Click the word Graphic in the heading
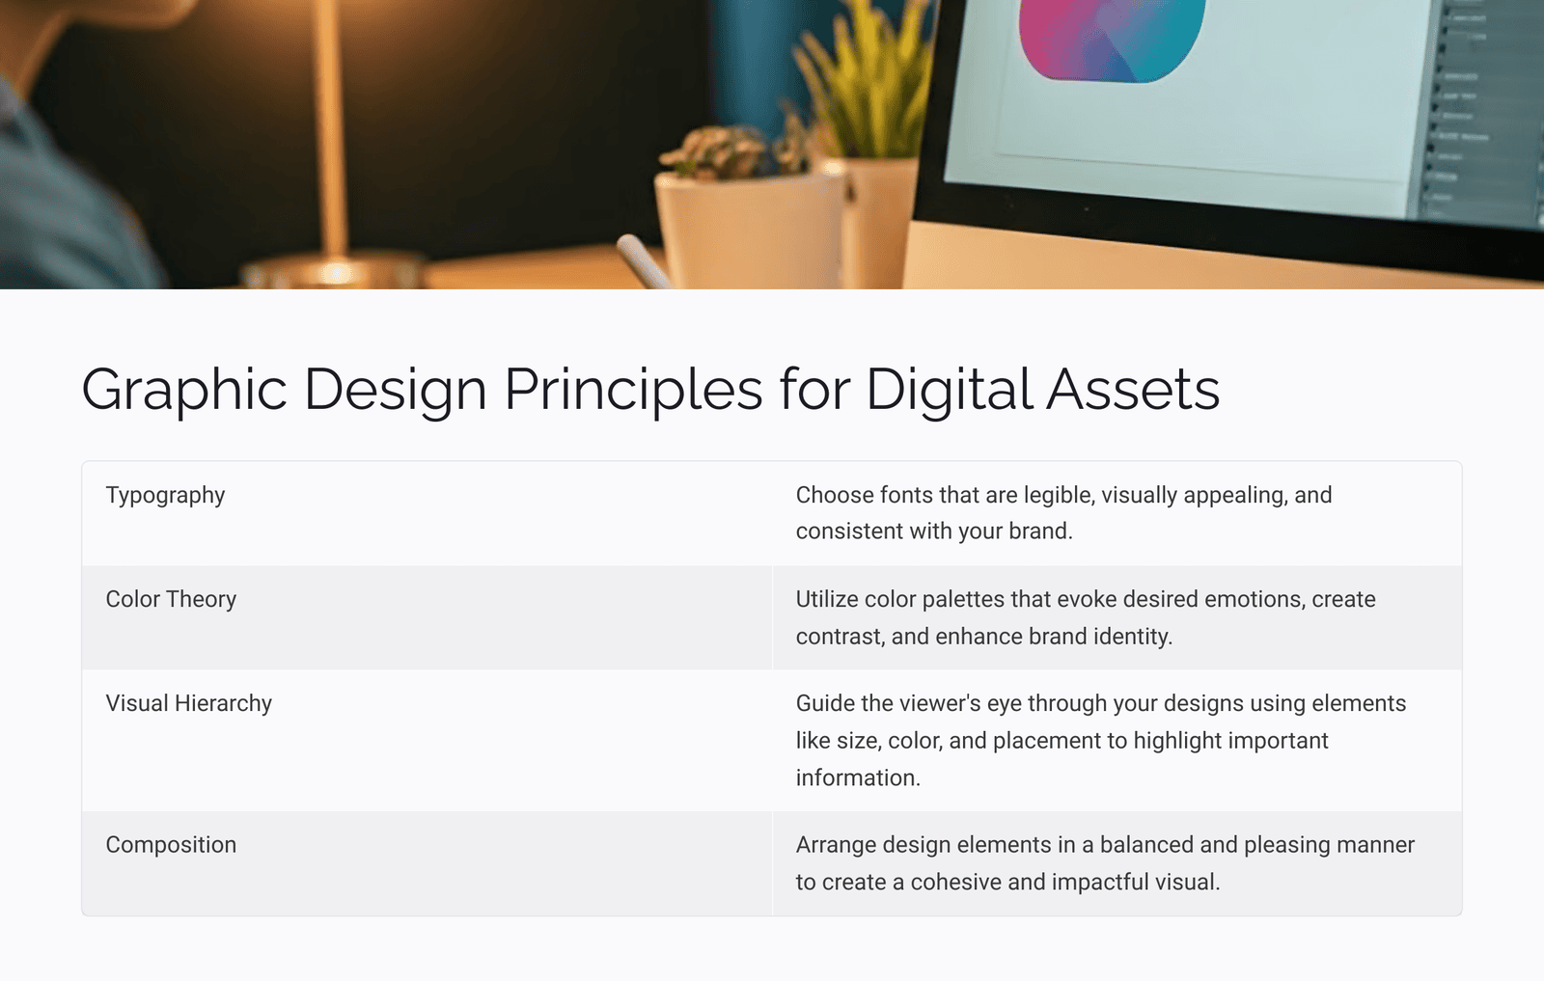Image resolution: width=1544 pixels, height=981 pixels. tap(184, 390)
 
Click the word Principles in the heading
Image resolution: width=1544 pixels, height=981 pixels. tap(633, 390)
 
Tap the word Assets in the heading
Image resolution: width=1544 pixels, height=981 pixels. tap(1133, 390)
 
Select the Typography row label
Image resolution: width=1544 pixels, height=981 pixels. tap(165, 495)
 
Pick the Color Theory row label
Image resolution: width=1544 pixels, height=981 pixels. tap(171, 599)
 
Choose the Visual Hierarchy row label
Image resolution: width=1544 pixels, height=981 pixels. tap(189, 703)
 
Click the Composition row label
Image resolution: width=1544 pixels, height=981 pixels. tap(171, 845)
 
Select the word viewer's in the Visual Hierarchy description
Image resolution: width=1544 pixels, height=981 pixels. tap(930, 703)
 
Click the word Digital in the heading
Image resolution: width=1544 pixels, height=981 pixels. tap(949, 390)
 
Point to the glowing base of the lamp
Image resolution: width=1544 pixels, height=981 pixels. tap(336, 271)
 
